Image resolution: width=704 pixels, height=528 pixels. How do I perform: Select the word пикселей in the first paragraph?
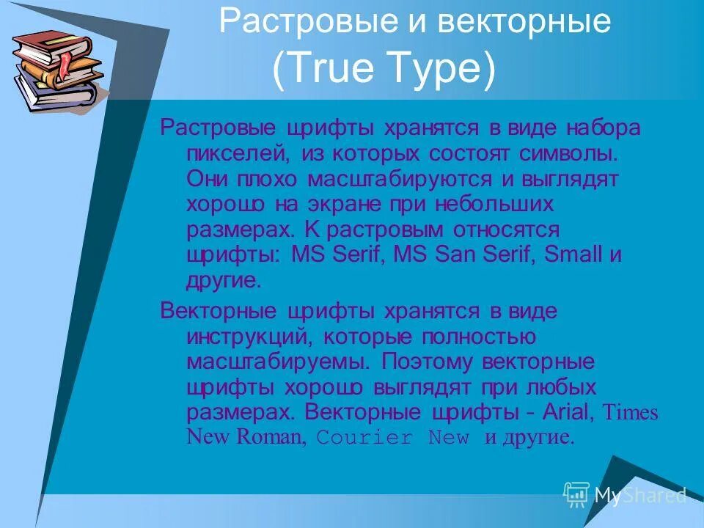click(232, 155)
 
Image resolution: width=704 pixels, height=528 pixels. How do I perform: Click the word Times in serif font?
click(630, 413)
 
